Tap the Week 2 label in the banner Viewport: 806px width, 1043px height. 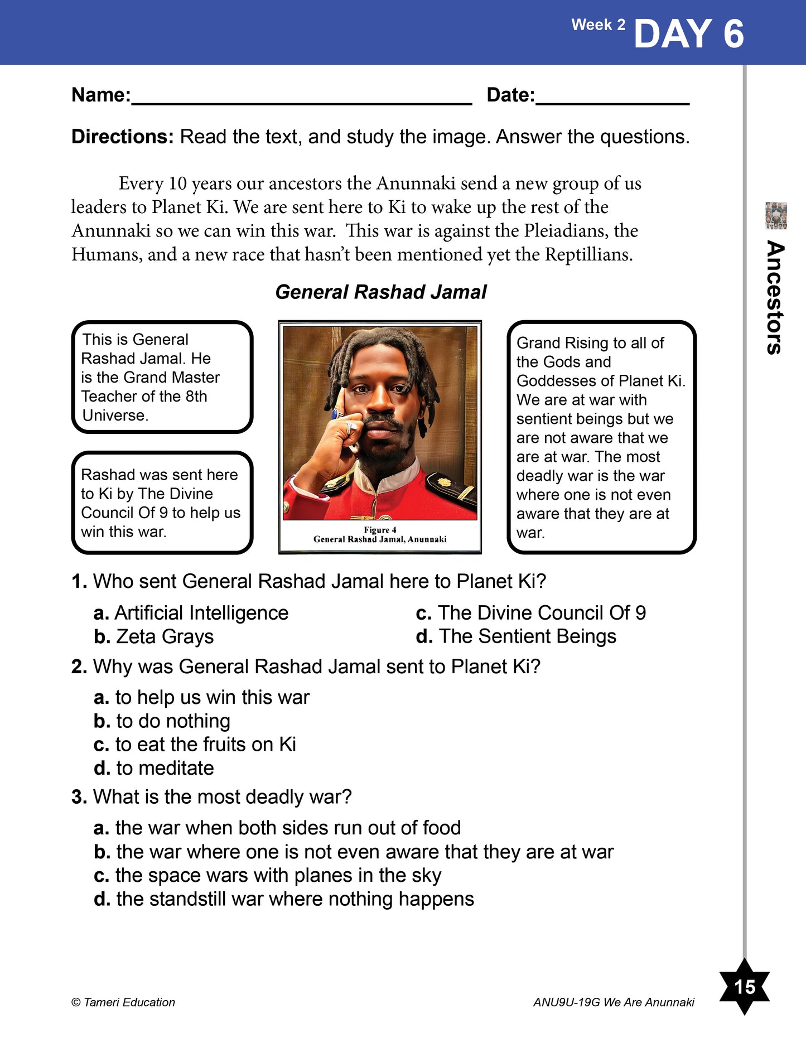coord(598,25)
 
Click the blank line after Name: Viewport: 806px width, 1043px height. coord(301,100)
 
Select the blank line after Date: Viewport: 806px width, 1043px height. coord(612,100)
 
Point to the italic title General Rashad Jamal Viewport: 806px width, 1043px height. coord(381,292)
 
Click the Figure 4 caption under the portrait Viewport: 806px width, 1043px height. coord(380,534)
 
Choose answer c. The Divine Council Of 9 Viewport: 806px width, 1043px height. coord(530,613)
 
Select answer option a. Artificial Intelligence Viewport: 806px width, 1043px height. coord(191,613)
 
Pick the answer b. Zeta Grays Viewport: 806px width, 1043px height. coord(153,637)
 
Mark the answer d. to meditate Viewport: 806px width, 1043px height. coord(153,769)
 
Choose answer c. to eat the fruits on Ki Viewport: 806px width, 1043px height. coord(195,745)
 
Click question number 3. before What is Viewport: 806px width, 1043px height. coord(79,797)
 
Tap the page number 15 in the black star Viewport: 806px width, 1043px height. coord(745,987)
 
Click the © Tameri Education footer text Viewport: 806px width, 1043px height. coord(123,1002)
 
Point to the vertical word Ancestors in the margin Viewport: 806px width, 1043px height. coord(775,297)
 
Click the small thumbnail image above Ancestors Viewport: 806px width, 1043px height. coord(776,216)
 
